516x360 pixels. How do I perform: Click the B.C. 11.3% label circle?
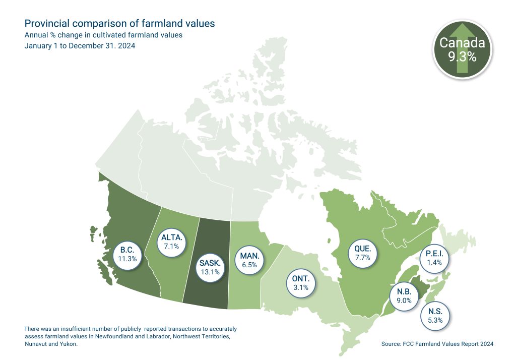(x=128, y=255)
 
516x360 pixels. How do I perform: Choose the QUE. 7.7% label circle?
(x=363, y=253)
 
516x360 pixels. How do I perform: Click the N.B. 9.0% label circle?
(x=404, y=295)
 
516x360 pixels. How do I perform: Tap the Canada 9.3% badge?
(x=462, y=50)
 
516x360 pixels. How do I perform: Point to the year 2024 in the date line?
(x=126, y=46)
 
